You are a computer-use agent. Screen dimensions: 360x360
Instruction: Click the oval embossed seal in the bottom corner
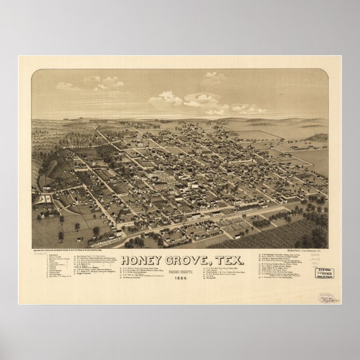(325, 297)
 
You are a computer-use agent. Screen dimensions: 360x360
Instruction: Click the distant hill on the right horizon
(319, 137)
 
